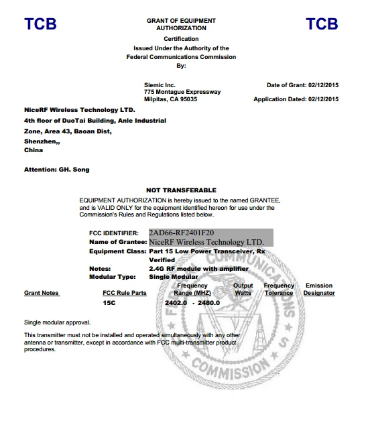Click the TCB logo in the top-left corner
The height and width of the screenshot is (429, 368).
[40, 24]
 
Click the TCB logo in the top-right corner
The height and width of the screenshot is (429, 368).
[322, 24]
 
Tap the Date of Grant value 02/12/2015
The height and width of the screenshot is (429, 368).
[323, 85]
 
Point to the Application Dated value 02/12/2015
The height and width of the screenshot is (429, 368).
[323, 99]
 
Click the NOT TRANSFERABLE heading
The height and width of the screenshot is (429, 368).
[181, 190]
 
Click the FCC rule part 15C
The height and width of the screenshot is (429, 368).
[109, 303]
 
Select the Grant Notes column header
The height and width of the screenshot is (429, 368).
[42, 293]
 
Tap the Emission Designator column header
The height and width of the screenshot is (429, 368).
[318, 290]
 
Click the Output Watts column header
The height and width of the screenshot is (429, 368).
[243, 290]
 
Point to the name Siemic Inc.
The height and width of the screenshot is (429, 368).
[160, 85]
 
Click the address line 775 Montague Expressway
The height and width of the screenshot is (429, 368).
[182, 92]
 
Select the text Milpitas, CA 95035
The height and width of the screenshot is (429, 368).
[170, 99]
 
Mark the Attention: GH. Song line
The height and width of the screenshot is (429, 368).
[56, 170]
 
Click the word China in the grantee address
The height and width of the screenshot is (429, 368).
[34, 150]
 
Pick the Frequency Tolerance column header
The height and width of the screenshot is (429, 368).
[279, 290]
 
